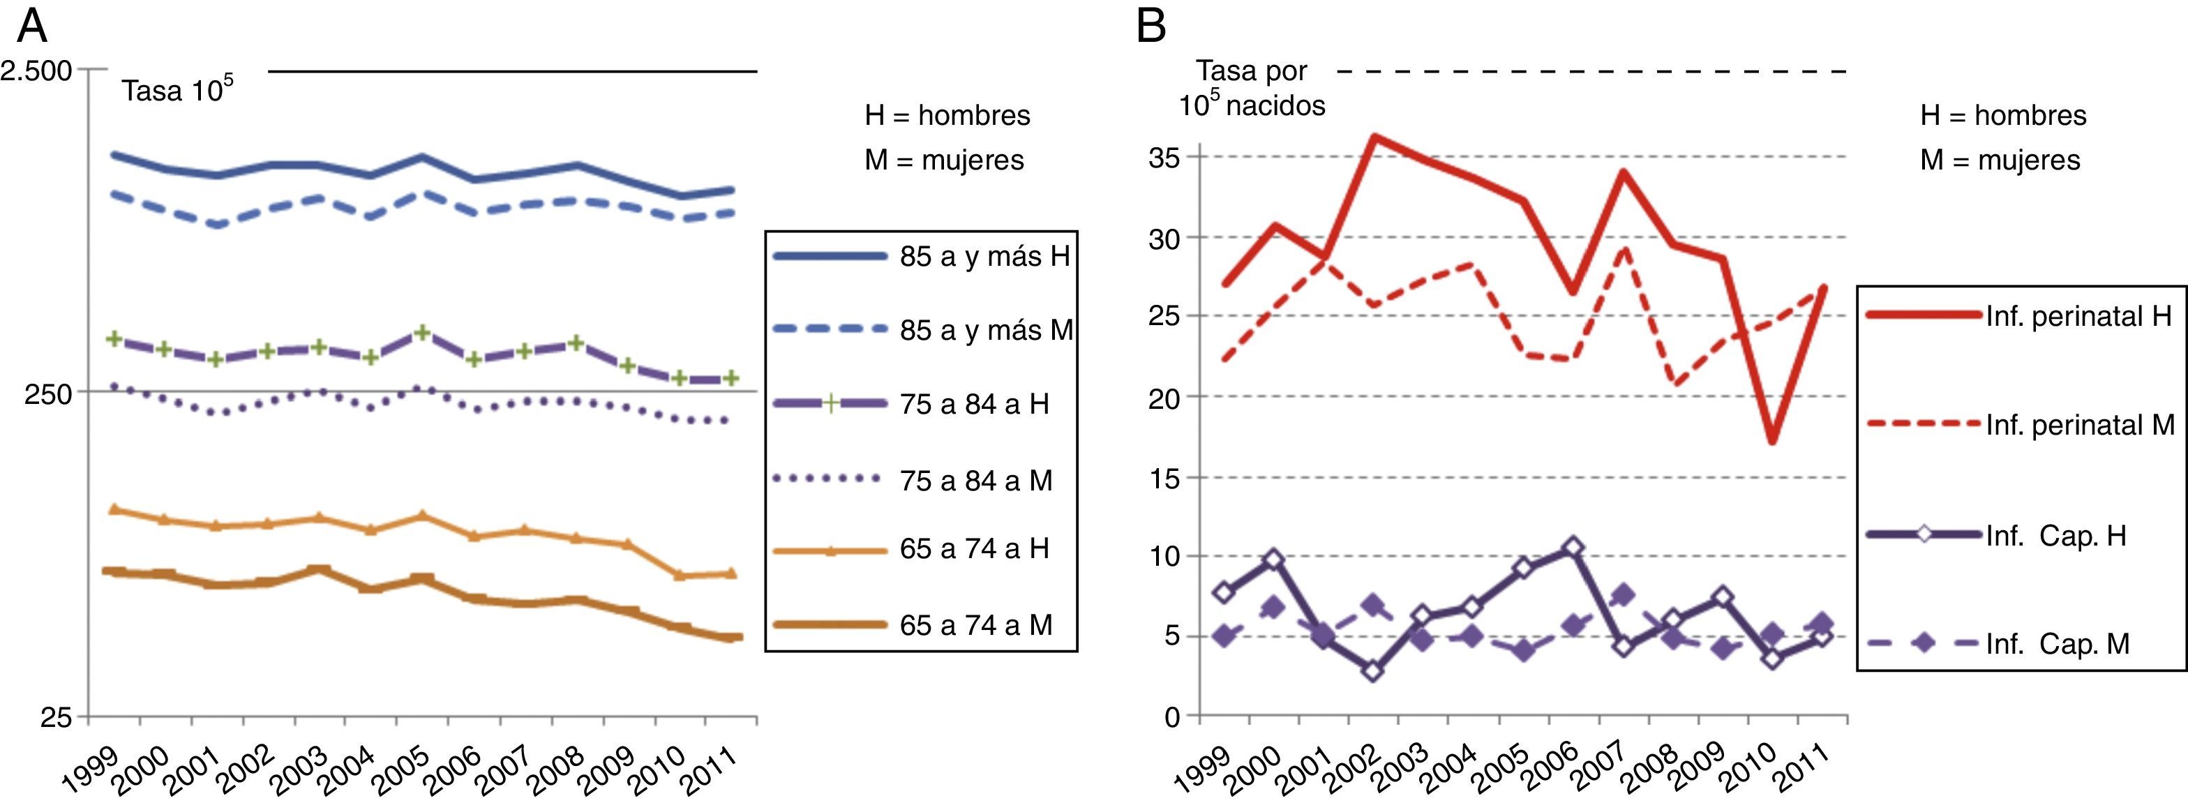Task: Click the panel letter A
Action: (x=31, y=27)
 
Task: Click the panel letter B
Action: (x=1151, y=27)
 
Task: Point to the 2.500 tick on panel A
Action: (x=36, y=70)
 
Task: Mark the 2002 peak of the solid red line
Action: (x=1374, y=136)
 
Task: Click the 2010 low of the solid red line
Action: (x=1773, y=441)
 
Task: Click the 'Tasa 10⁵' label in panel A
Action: (x=177, y=90)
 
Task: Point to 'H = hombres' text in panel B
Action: (x=2003, y=116)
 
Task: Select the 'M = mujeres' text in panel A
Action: (x=945, y=160)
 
